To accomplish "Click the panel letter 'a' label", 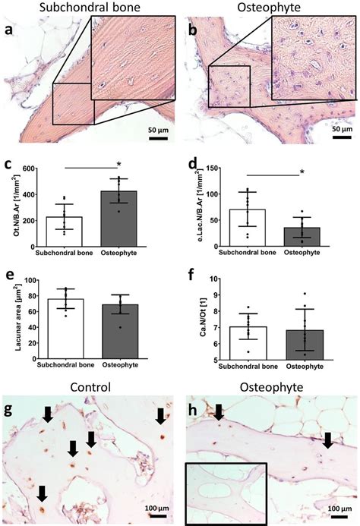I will click(x=10, y=33).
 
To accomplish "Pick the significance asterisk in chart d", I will click(x=302, y=173).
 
